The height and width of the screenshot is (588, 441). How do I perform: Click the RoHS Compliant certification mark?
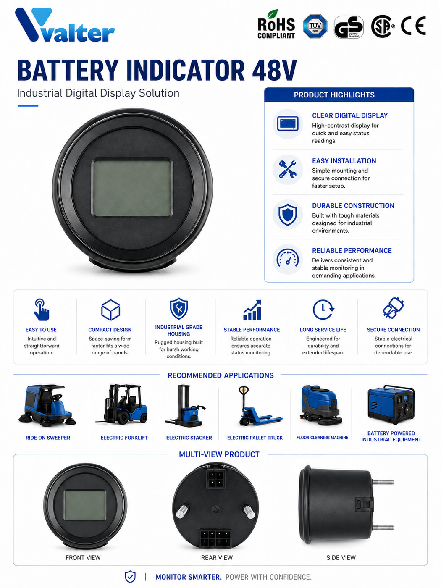(276, 25)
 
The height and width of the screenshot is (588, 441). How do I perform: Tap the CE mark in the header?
(413, 26)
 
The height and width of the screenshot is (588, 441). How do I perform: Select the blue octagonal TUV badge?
(315, 26)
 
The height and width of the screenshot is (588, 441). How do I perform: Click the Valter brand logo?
(65, 25)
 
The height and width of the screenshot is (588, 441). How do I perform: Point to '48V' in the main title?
(274, 70)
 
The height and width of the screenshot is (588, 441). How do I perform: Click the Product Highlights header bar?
(339, 95)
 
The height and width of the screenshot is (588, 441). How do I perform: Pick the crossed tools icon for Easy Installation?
(288, 169)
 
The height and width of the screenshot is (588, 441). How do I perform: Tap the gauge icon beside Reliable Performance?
(288, 259)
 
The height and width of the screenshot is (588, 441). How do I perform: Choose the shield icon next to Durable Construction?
(288, 214)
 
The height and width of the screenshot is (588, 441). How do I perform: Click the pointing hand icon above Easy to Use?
(41, 310)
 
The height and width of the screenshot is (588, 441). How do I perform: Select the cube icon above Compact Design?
(110, 310)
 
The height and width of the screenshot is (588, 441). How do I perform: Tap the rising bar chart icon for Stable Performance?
(252, 310)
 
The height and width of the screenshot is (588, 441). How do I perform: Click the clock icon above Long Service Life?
(323, 310)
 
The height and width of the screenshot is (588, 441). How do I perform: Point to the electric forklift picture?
(122, 404)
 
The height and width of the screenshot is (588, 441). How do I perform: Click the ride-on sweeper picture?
(47, 405)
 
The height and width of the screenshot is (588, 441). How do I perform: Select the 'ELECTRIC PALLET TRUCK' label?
(255, 438)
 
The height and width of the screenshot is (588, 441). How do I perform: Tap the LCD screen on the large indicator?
(132, 188)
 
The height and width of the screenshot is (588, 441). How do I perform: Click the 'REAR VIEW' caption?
(217, 557)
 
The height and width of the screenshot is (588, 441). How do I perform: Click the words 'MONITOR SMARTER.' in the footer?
(189, 577)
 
